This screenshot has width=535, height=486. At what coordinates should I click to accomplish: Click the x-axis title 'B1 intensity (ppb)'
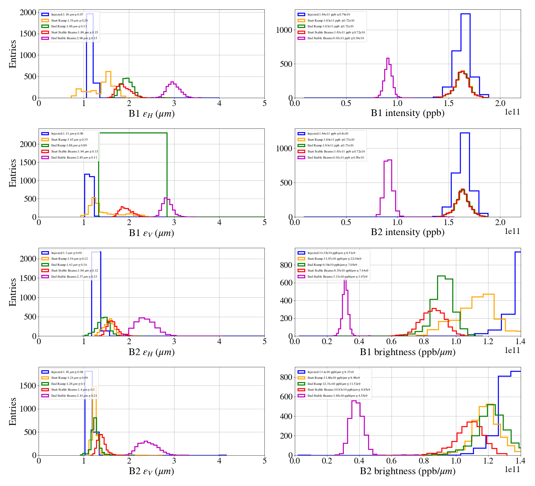coord(407,113)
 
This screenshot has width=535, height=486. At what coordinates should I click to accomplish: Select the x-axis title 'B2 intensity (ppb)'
coord(407,232)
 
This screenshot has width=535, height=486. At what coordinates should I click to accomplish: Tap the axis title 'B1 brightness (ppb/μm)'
coord(407,352)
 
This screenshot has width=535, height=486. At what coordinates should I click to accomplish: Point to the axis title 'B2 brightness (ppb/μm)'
coord(407,471)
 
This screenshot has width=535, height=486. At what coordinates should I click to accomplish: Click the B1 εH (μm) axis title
coord(151,114)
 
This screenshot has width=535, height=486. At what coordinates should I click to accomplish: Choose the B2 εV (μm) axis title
coord(151,471)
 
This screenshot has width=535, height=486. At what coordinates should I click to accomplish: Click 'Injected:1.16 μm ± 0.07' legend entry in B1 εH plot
coord(67,15)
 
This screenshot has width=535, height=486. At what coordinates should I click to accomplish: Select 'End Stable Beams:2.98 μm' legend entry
coord(74,38)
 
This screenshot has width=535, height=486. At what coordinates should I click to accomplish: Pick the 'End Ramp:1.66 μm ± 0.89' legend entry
coord(69,145)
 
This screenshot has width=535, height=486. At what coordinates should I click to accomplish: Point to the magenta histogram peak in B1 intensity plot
coord(388,58)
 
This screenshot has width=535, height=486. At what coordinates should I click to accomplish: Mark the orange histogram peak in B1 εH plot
coord(108,72)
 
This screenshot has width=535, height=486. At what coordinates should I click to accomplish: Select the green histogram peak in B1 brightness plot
coord(441,276)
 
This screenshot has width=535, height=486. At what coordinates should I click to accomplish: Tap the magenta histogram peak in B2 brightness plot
coord(354,401)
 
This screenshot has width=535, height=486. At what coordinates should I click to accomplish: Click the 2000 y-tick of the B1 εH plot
coord(28,12)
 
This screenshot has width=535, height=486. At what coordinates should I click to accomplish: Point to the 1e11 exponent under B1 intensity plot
coord(512,112)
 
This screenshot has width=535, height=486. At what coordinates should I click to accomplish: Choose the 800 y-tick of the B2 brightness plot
coord(286,377)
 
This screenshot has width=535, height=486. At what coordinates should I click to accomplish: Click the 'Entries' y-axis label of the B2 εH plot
coord(13,292)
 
